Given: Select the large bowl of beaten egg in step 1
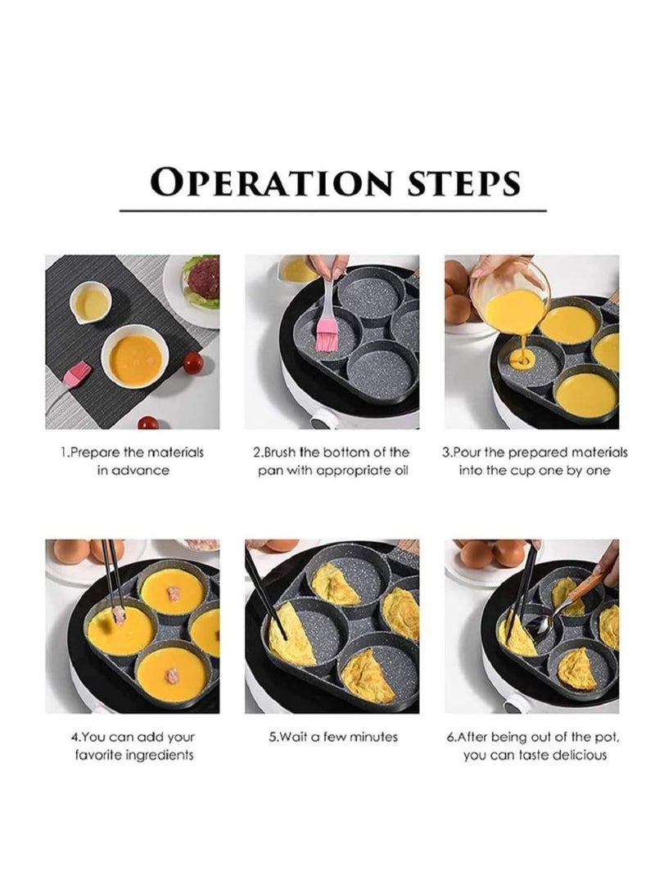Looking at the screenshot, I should click(134, 359).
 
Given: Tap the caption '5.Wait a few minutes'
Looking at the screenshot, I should click(333, 737).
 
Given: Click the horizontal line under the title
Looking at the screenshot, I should click(332, 211).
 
